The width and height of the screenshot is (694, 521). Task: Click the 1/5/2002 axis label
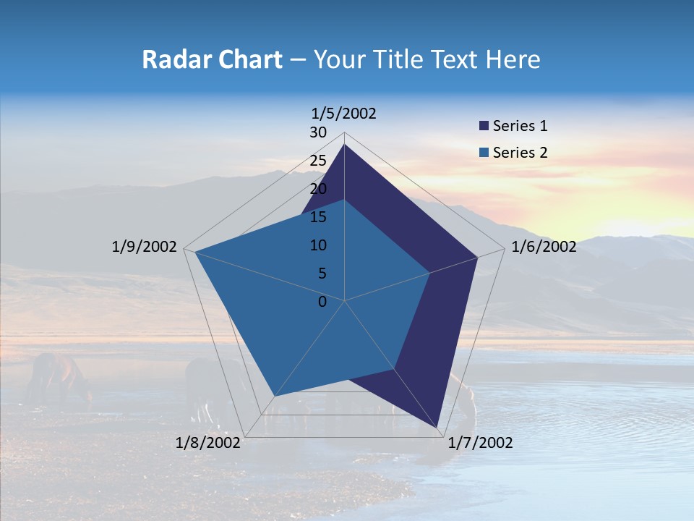[x=344, y=114]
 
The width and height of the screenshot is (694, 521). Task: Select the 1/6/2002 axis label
[x=544, y=247]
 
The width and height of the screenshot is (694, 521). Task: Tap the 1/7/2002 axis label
[x=480, y=443]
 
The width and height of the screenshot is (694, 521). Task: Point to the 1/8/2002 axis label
[x=208, y=443]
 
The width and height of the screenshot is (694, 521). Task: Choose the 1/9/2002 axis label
[x=145, y=247]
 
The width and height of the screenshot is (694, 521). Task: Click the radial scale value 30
[x=318, y=132]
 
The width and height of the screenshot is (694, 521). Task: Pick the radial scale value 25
[x=318, y=161]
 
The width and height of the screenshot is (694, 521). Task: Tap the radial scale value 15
[x=318, y=217]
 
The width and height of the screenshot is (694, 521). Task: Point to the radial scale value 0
[x=322, y=302]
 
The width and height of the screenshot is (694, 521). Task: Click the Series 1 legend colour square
[x=484, y=127]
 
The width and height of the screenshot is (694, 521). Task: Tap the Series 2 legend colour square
[x=484, y=153]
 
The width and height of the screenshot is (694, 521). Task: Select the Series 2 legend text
[x=520, y=153]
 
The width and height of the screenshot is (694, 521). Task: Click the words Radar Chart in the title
[x=212, y=59]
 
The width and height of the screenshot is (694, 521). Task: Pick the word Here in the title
[x=513, y=59]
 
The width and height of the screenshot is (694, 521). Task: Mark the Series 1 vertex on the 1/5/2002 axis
[x=344, y=145]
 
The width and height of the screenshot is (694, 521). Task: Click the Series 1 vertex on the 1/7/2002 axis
[x=437, y=427]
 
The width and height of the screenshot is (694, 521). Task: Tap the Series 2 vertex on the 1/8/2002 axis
[x=274, y=397]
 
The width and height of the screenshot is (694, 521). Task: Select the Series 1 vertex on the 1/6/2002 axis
[x=477, y=257]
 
